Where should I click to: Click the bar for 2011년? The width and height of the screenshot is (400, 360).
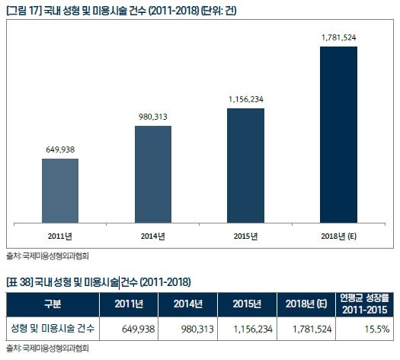point(60,191)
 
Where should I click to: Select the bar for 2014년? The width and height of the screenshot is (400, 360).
point(153,175)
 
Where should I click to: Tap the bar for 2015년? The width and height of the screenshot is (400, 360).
point(246,166)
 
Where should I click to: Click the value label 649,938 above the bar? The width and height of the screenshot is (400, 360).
point(60,150)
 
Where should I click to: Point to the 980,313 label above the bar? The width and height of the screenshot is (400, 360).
point(153,117)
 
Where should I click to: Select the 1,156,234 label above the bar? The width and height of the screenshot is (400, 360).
point(246,99)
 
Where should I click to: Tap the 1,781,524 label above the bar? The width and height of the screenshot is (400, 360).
point(338,37)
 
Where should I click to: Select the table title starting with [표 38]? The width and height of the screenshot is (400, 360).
point(98,282)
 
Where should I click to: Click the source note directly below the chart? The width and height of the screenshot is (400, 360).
point(46,256)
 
